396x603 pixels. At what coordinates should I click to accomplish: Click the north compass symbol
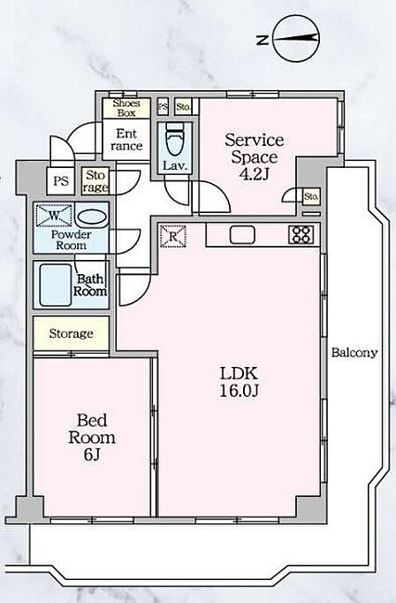tap(296, 38)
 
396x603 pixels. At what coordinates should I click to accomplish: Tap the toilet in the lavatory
tap(175, 139)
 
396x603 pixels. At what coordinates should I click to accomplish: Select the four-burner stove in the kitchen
tap(301, 234)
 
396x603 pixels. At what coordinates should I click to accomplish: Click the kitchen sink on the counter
tap(242, 234)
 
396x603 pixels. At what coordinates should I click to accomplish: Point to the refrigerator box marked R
tap(172, 236)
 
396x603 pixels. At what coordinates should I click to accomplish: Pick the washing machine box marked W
tap(54, 216)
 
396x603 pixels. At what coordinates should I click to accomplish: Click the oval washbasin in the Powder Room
tap(91, 218)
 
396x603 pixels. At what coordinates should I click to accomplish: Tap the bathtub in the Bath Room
tap(56, 285)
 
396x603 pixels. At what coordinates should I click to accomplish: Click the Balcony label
tap(354, 353)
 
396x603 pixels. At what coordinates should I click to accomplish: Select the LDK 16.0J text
tap(239, 381)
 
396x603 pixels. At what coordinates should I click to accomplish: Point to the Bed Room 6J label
tap(92, 437)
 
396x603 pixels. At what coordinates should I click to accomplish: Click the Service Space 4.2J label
tap(255, 156)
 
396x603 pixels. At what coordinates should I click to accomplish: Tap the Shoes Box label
tap(126, 108)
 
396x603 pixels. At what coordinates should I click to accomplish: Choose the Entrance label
tap(126, 140)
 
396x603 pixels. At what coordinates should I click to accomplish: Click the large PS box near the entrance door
tap(61, 180)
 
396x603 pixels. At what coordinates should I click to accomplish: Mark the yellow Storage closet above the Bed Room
tap(71, 333)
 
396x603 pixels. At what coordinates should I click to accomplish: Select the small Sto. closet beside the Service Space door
tap(311, 197)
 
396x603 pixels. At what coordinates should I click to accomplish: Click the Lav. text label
tap(175, 166)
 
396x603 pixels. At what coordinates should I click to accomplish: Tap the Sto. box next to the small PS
tap(183, 106)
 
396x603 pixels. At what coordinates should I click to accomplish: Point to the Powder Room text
tap(71, 240)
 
